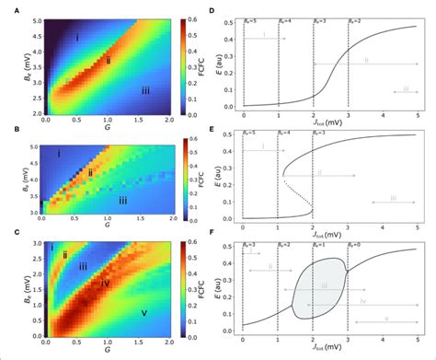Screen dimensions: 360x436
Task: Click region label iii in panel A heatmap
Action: pyautogui.click(x=144, y=90)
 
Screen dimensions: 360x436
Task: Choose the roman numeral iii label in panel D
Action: pyautogui.click(x=405, y=89)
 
